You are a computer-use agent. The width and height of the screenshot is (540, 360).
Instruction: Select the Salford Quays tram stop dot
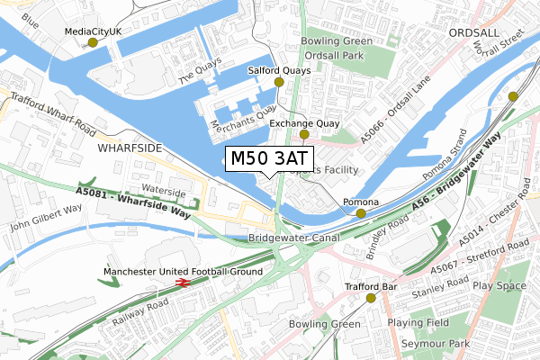coord(279,82)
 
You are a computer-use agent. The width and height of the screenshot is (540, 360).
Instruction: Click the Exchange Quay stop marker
coord(304,134)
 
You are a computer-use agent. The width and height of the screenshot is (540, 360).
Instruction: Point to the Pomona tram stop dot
coord(361,213)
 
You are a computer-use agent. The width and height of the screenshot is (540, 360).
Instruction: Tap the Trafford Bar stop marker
coord(371,298)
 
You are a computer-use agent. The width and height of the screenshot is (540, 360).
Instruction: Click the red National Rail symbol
coord(181,283)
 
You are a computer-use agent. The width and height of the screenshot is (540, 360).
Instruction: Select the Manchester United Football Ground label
coord(183,271)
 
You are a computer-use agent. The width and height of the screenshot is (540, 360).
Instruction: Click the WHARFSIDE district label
coord(130,147)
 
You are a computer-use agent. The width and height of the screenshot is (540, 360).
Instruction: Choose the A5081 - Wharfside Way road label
coord(133,204)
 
